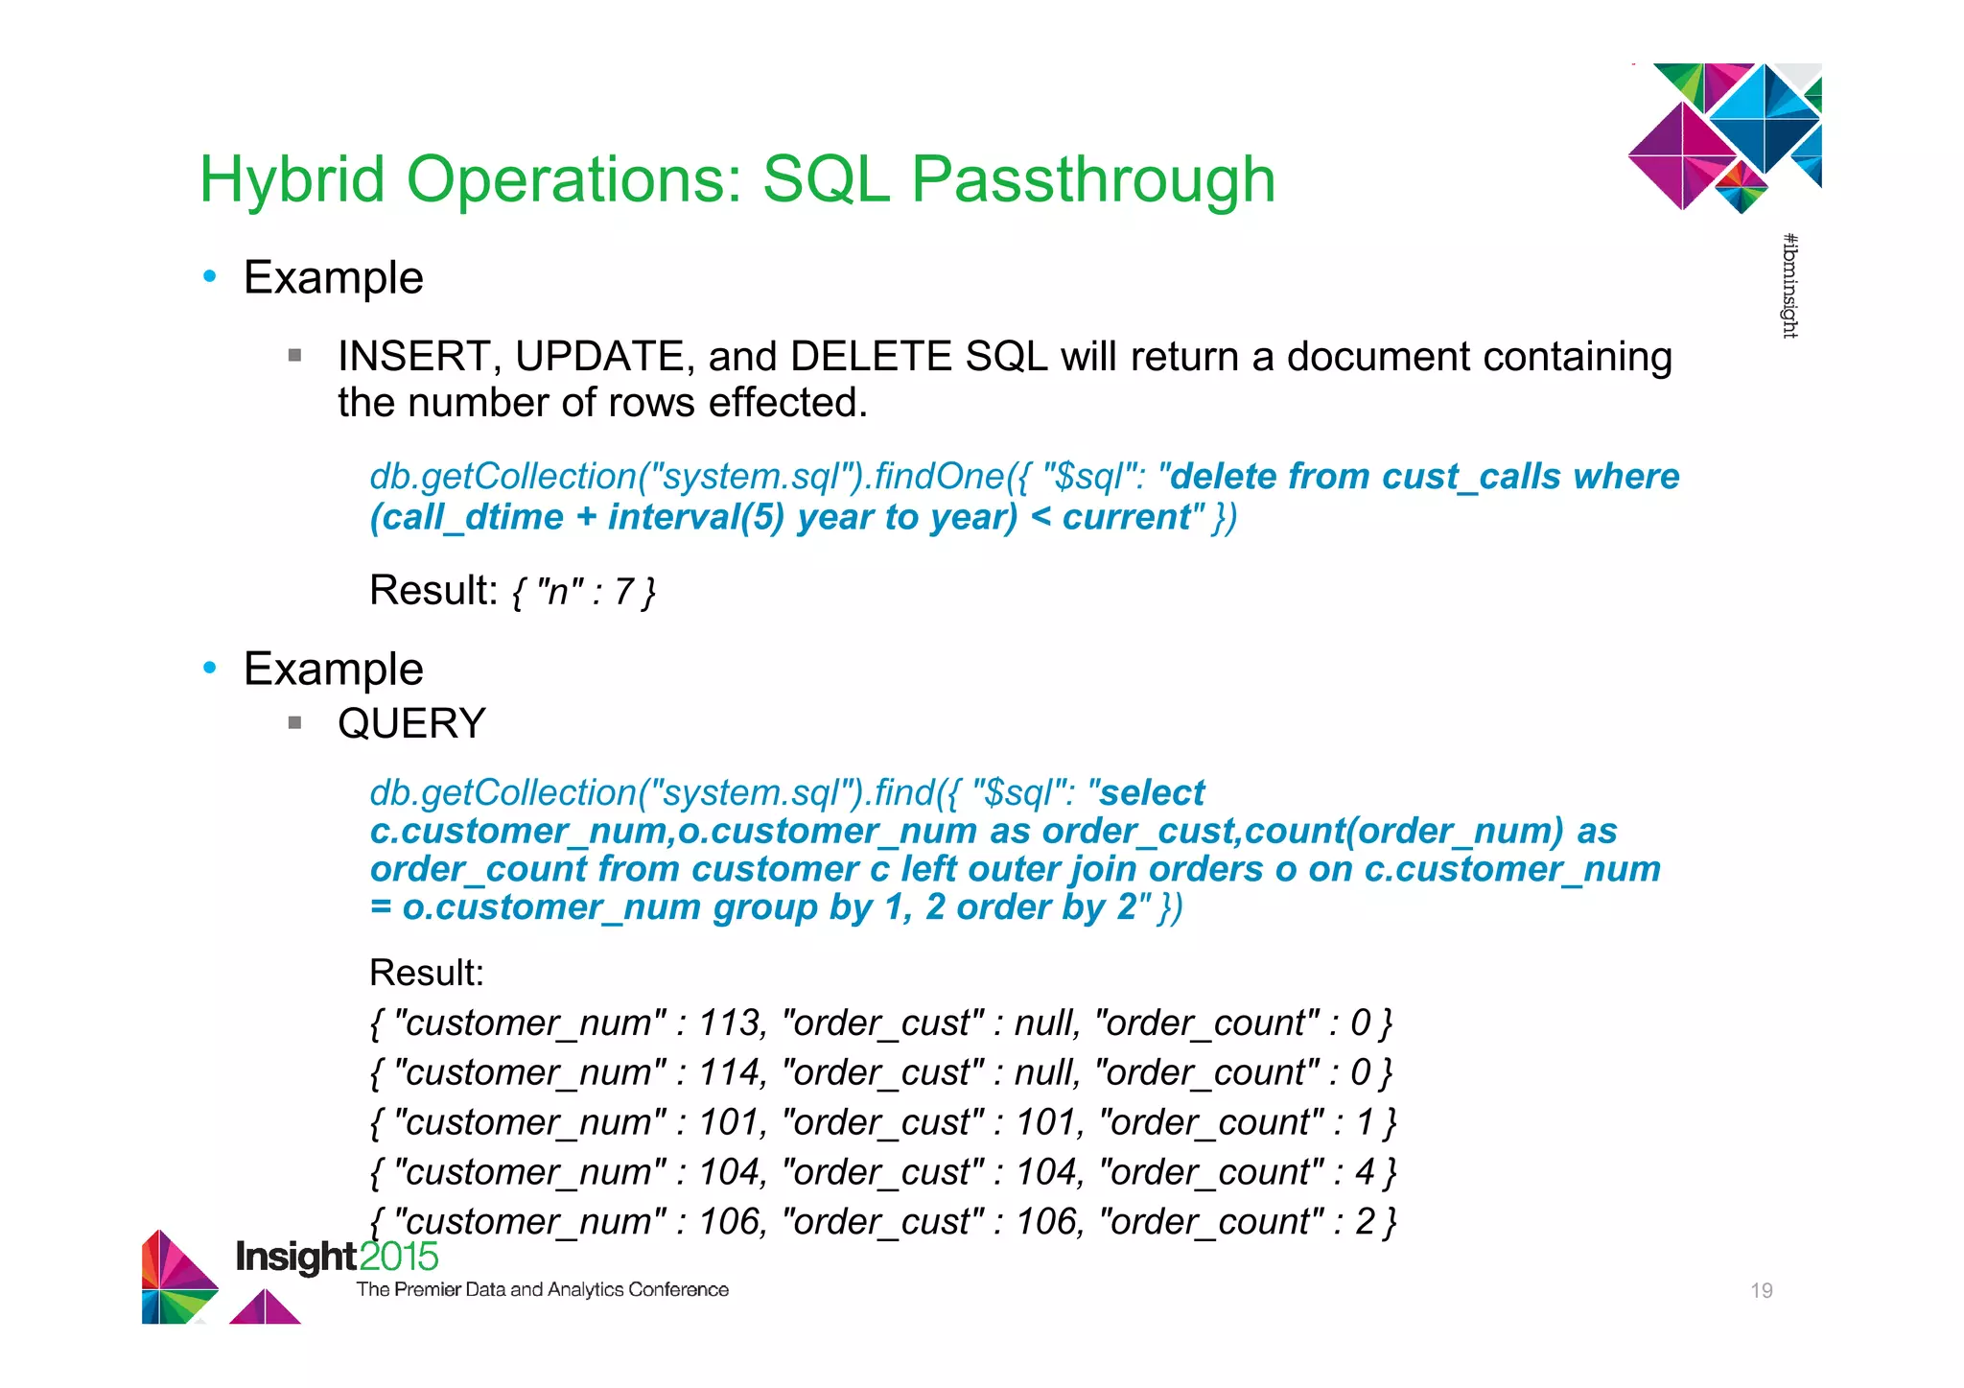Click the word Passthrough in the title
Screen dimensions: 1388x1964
[1092, 180]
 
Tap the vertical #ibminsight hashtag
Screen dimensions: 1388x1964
[1789, 286]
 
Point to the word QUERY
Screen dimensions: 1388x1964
[411, 723]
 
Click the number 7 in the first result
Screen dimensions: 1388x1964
[624, 592]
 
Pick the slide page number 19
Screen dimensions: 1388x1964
[1761, 1291]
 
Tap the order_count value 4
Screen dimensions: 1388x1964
[1365, 1173]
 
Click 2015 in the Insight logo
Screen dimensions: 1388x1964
[399, 1257]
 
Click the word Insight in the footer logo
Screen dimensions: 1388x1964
[296, 1257]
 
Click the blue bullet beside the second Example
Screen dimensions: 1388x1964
[210, 668]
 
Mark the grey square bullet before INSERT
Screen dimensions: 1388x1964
[295, 356]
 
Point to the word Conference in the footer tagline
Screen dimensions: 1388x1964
[678, 1290]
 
